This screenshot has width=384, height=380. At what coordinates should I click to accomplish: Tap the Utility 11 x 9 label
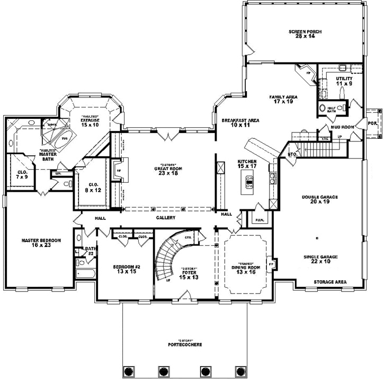[x=344, y=81]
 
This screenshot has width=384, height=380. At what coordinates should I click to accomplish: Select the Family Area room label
[x=283, y=100]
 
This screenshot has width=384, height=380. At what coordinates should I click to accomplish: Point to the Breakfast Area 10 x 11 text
[x=240, y=123]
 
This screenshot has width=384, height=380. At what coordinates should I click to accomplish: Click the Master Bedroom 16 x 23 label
[x=41, y=243]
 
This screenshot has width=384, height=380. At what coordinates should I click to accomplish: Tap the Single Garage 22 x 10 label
[x=320, y=259]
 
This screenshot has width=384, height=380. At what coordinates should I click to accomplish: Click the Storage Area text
[x=329, y=282]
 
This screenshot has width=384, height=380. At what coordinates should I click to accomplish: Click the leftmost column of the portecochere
[x=127, y=370]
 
